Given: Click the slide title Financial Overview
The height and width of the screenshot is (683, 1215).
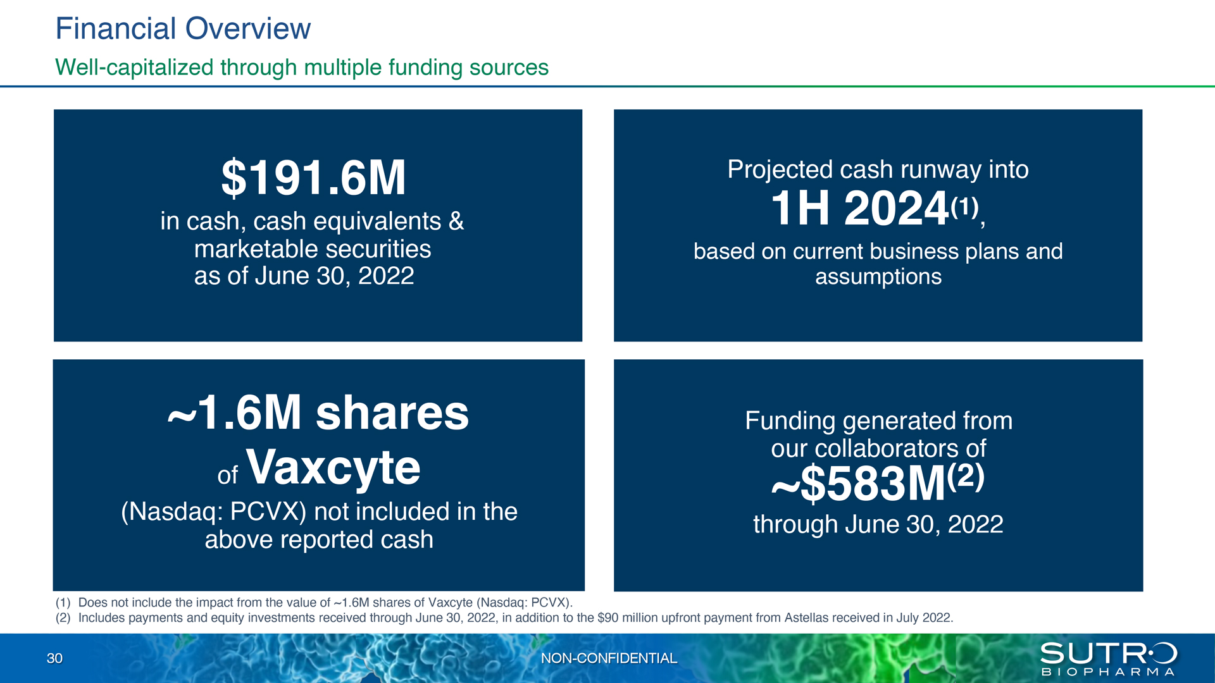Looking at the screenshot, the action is (x=183, y=29).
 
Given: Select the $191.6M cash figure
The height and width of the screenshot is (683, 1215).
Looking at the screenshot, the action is (x=313, y=178).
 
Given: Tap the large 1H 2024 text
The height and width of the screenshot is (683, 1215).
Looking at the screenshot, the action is (x=859, y=208).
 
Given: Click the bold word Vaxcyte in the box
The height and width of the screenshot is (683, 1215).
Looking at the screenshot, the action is (x=333, y=468).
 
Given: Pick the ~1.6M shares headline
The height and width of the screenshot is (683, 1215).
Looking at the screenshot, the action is (x=318, y=413).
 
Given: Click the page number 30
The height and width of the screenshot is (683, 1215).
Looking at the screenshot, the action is (x=54, y=658).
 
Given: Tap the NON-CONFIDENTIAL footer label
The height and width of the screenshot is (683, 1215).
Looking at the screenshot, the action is (x=609, y=658).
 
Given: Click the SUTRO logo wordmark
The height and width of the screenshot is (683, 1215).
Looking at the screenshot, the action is (x=1108, y=653).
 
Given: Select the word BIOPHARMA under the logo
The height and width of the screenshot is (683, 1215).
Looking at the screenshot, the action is (x=1108, y=672).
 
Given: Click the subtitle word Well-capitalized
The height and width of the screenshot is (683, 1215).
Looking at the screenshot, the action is (x=134, y=68).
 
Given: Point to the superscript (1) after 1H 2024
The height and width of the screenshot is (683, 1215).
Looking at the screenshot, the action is (x=964, y=206).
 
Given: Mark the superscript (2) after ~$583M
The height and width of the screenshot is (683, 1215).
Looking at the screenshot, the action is (x=966, y=475).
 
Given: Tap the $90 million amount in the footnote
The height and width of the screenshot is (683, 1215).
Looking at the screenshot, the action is (x=628, y=618).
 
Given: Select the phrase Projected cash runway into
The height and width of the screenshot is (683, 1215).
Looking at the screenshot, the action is (x=878, y=169).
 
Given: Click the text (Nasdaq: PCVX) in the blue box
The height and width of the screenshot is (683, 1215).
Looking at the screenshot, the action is (x=214, y=512).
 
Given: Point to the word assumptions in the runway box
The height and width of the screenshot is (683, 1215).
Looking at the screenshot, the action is (x=878, y=277).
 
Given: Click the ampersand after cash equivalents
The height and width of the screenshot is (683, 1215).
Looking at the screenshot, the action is (x=456, y=221).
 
